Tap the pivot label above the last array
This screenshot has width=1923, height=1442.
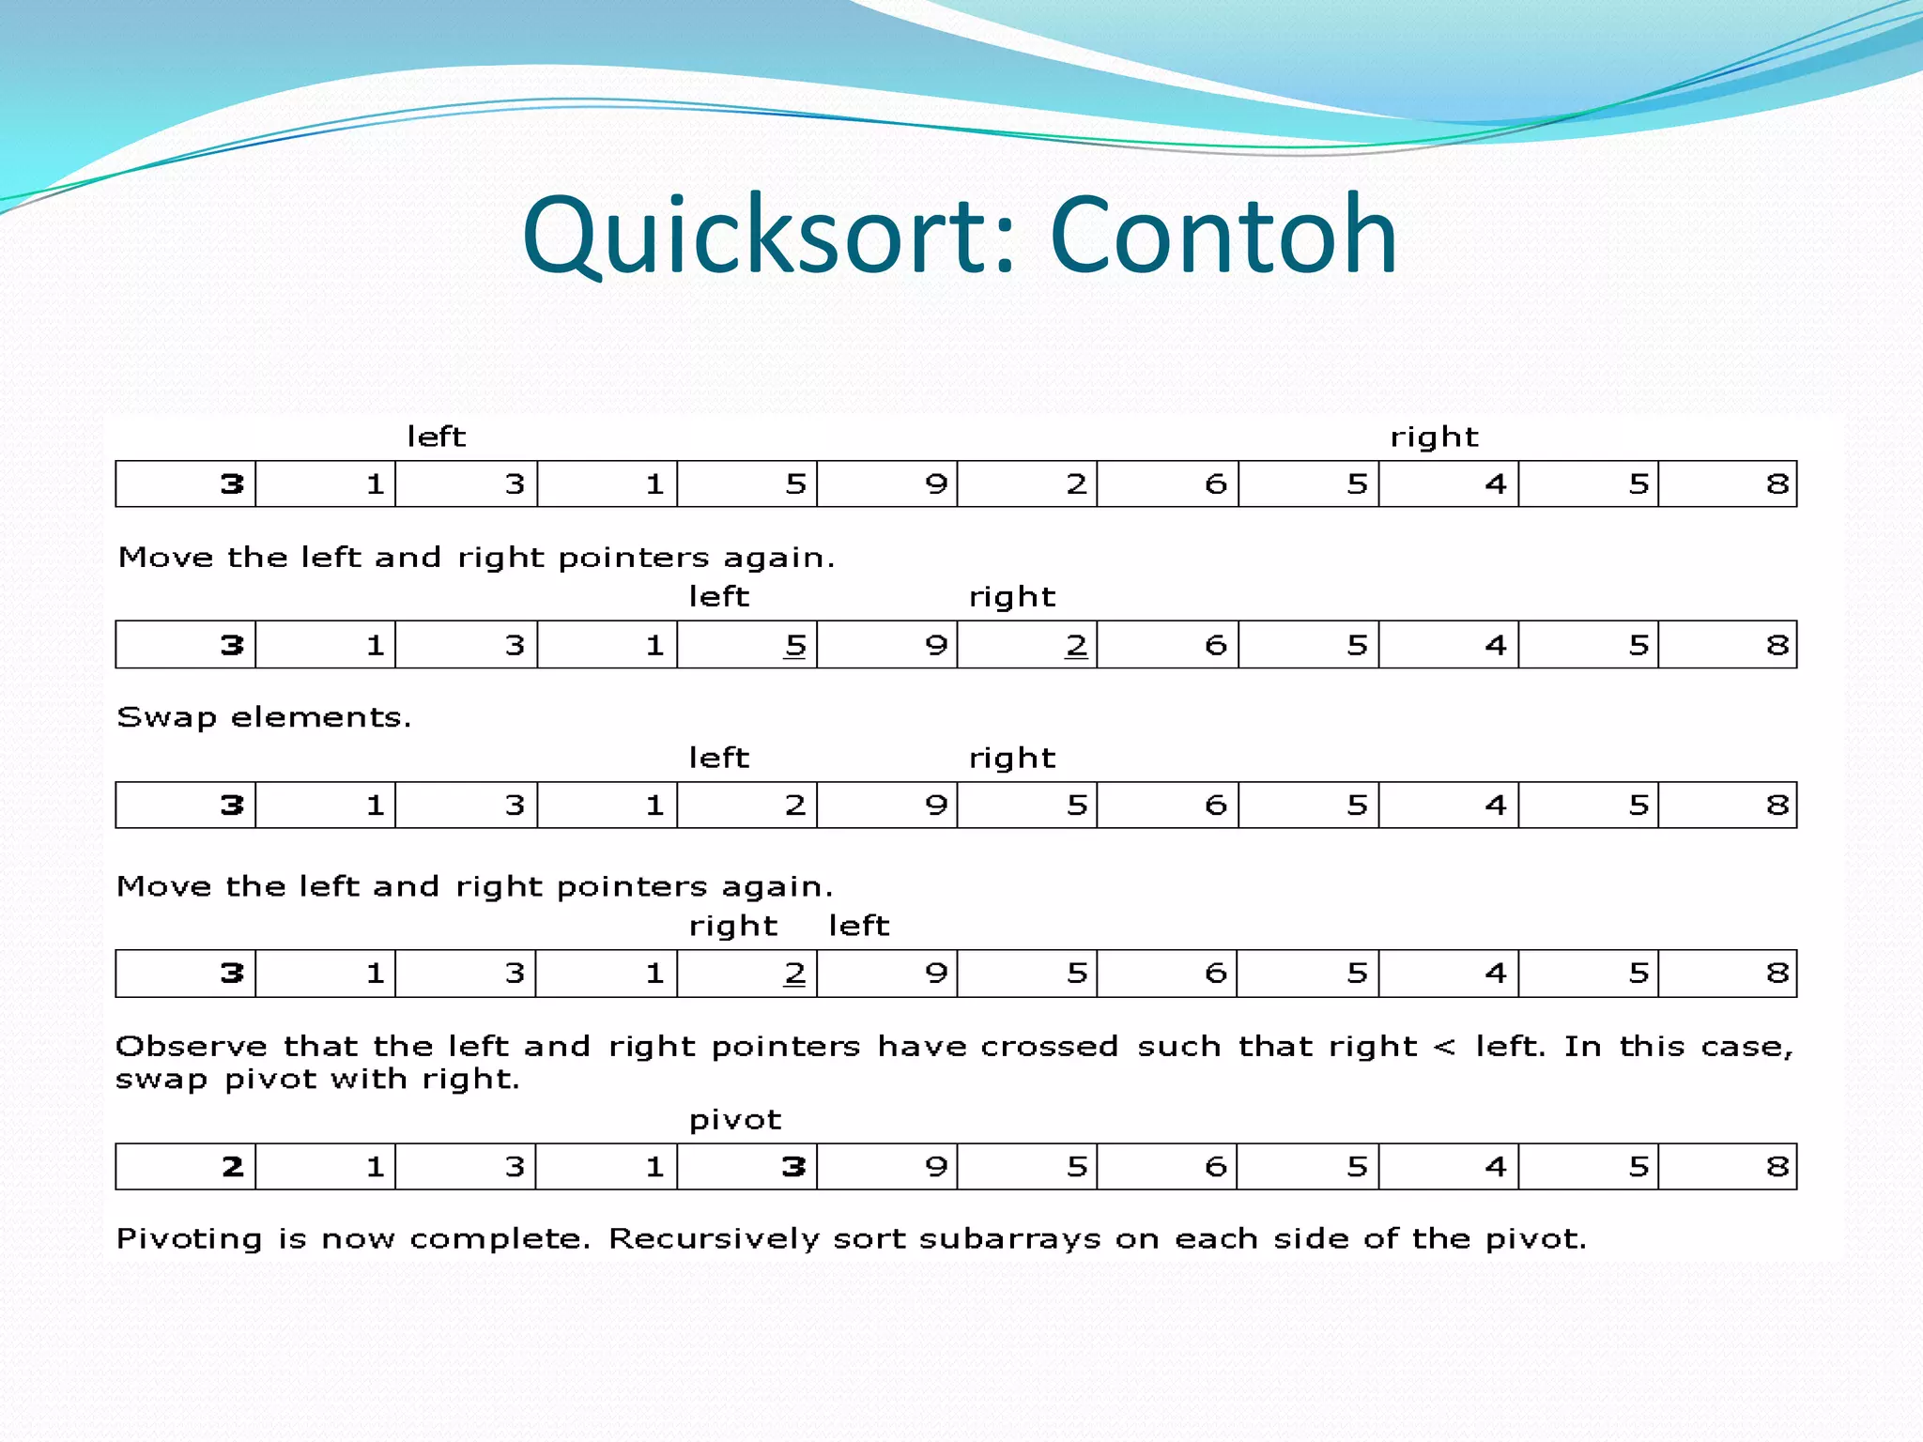[734, 1120]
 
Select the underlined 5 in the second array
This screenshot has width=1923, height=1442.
[795, 646]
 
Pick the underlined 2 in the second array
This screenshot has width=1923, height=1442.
[1076, 646]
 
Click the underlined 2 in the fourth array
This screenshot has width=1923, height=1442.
[795, 974]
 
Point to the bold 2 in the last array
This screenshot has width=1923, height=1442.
[233, 1167]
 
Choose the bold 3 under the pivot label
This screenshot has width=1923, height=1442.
[794, 1167]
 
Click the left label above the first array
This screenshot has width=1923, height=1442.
[436, 437]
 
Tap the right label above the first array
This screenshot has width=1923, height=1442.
[1434, 437]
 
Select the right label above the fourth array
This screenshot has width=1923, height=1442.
[733, 927]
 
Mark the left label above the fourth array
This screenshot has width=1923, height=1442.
[858, 926]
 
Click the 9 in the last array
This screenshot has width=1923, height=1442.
[935, 1167]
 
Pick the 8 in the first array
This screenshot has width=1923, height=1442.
[1777, 484]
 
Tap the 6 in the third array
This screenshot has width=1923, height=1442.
[1216, 805]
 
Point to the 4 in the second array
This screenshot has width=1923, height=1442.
[1496, 646]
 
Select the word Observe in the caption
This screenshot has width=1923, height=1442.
[192, 1047]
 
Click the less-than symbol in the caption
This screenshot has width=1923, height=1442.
[1445, 1047]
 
